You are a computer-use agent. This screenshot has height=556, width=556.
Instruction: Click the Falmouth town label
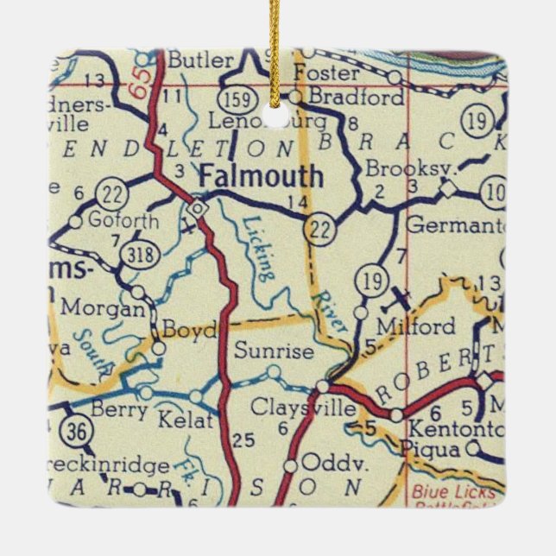[262, 177]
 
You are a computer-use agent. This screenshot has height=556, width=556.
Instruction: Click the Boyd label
[188, 331]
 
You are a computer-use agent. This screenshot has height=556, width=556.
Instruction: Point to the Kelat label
[185, 420]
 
